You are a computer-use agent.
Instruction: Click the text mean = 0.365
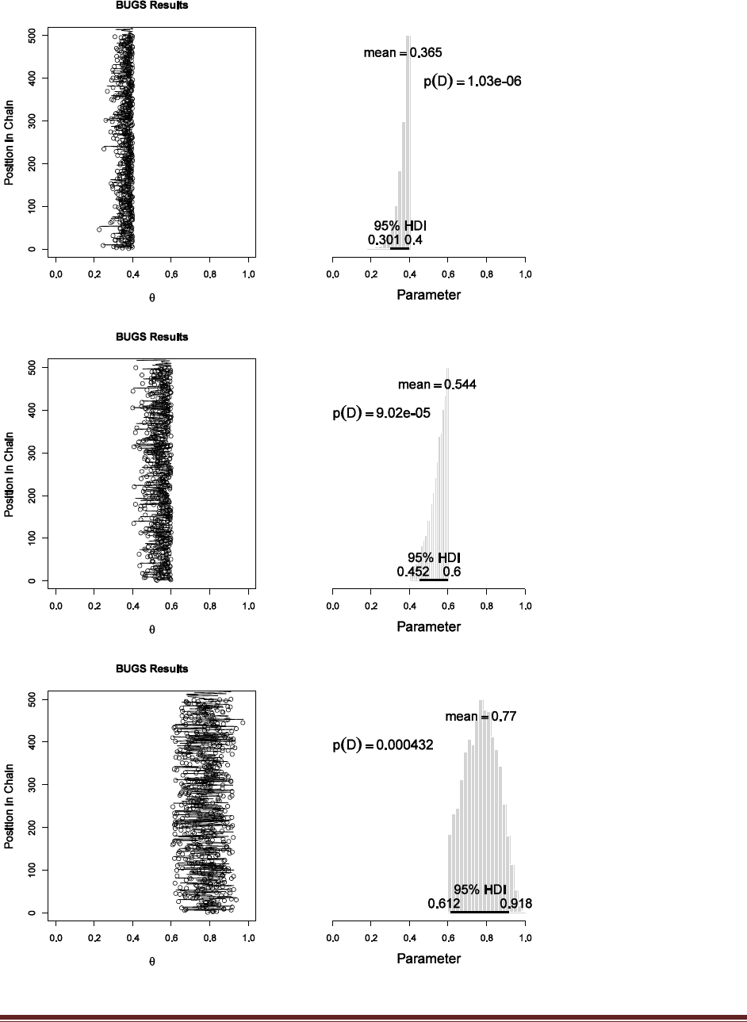[x=402, y=53]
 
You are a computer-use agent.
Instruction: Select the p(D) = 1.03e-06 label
[x=472, y=82]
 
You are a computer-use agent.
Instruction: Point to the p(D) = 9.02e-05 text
[x=381, y=413]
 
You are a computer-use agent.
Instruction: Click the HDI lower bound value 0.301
[x=384, y=240]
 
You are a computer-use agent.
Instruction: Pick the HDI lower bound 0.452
[x=413, y=572]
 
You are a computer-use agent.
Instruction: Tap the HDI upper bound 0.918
[x=515, y=904]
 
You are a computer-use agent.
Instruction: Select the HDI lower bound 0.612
[x=444, y=904]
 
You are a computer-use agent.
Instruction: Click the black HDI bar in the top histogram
[x=400, y=249]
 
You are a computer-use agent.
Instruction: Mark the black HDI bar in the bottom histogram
[x=479, y=912]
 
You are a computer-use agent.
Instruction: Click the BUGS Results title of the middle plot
[x=151, y=337]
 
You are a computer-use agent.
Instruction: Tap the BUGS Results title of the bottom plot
[x=151, y=668]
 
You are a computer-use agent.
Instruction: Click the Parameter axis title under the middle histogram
[x=428, y=626]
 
